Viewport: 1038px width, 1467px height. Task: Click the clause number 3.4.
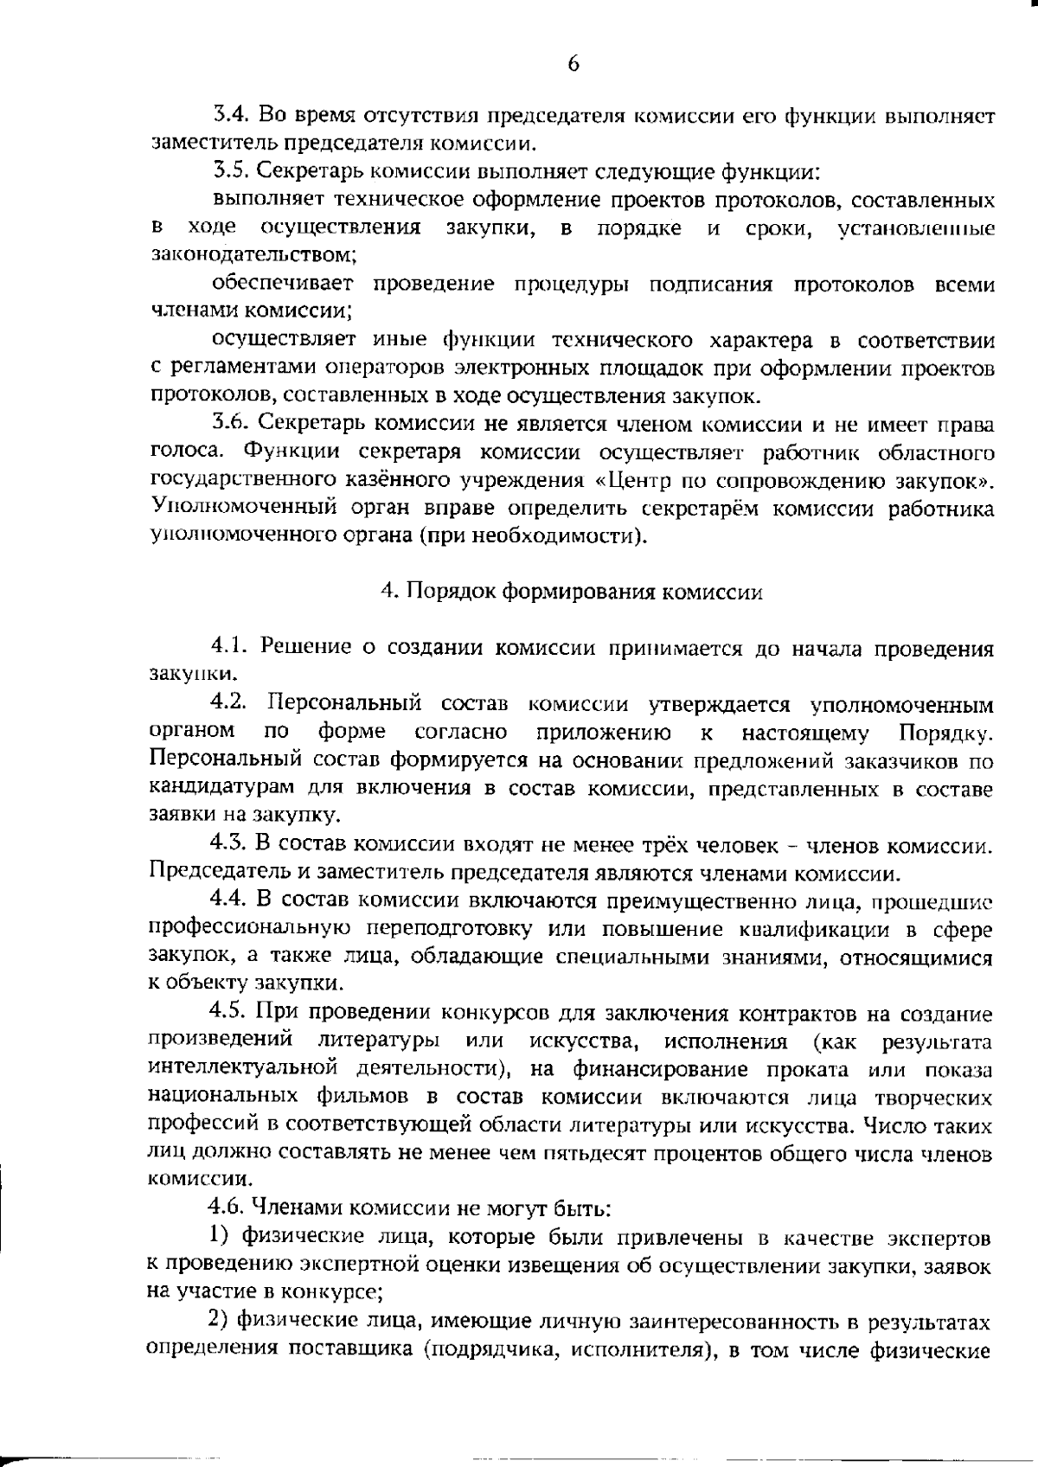pyautogui.click(x=229, y=115)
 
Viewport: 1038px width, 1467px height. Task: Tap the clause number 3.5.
pyautogui.click(x=229, y=171)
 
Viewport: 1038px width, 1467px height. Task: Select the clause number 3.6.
pyautogui.click(x=229, y=425)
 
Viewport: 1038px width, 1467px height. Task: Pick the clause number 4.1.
pyautogui.click(x=229, y=648)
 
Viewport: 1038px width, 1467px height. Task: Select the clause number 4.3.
pyautogui.click(x=229, y=844)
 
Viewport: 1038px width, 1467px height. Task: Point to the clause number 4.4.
pyautogui.click(x=229, y=900)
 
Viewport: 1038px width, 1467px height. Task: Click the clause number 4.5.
pyautogui.click(x=229, y=1014)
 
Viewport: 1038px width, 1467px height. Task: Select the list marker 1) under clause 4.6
pyautogui.click(x=220, y=1239)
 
